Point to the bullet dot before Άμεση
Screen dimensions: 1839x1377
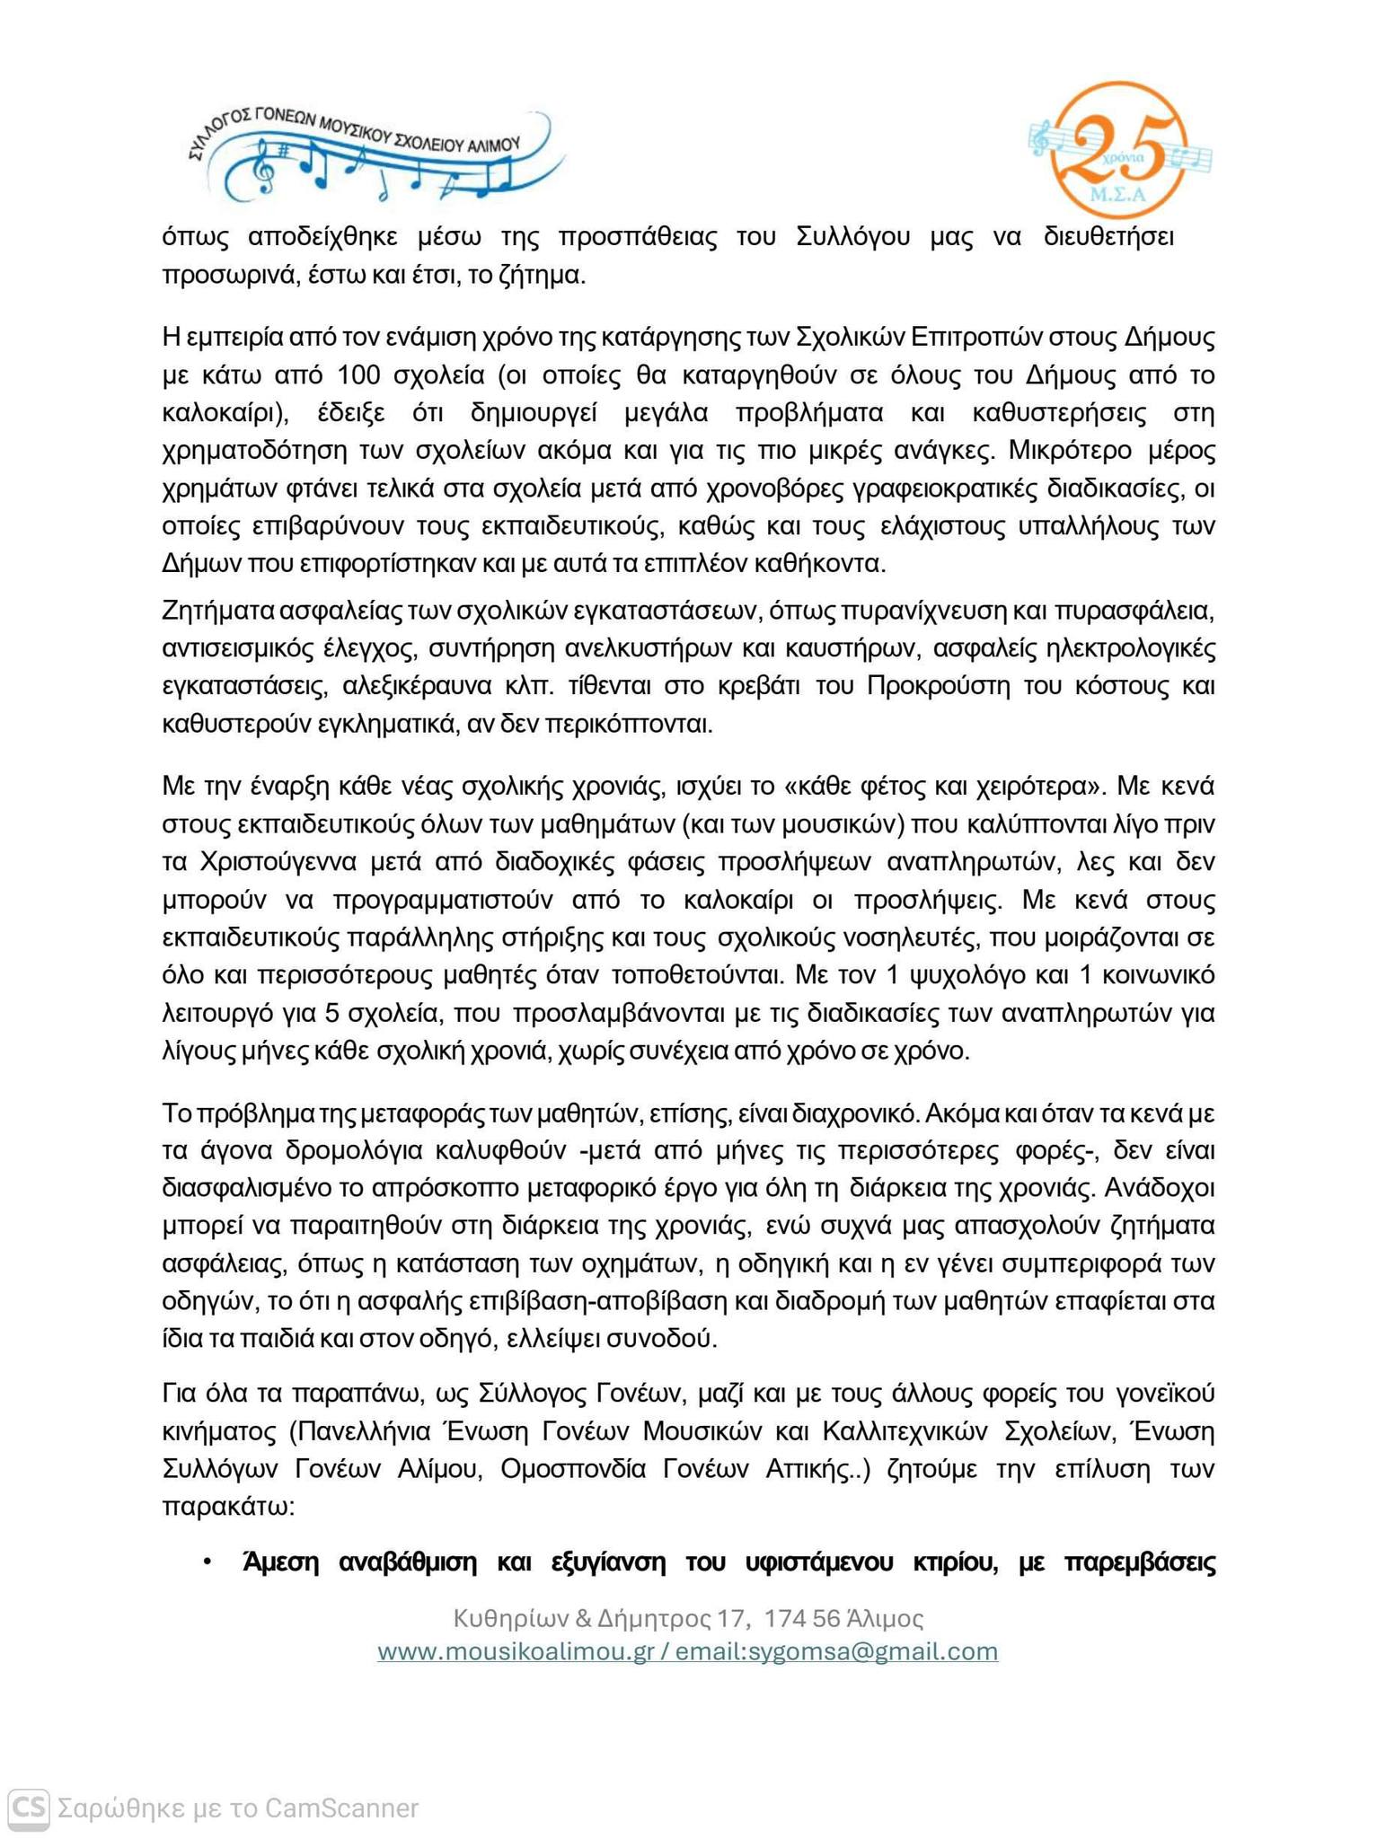(x=207, y=1563)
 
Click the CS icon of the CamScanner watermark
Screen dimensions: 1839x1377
(x=28, y=1807)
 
